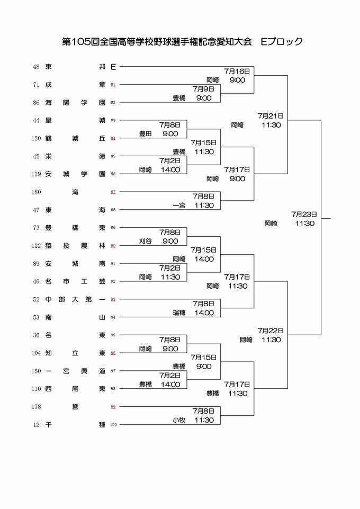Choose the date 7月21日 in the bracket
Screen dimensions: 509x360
click(x=271, y=115)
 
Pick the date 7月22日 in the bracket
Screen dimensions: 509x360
click(x=271, y=330)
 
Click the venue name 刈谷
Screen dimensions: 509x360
click(x=146, y=241)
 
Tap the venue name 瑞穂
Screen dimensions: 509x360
click(x=179, y=312)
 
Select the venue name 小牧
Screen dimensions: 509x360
click(x=179, y=420)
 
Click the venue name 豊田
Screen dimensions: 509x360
click(x=146, y=133)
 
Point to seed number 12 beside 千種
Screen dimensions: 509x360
click(x=37, y=424)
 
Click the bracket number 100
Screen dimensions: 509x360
click(x=113, y=425)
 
